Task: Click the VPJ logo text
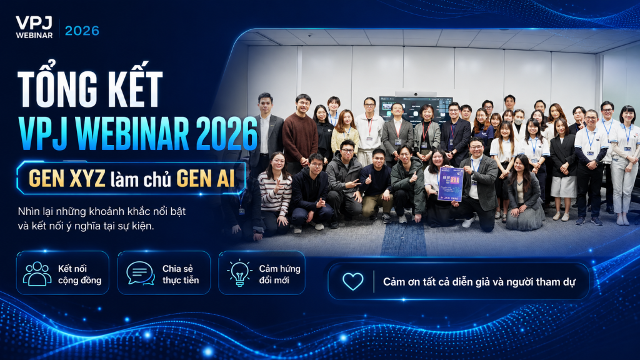tap(34, 23)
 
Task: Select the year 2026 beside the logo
tap(82, 31)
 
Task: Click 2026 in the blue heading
tap(227, 134)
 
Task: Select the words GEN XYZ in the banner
tap(67, 178)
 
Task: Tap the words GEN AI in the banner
tap(205, 178)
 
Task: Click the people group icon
tap(37, 274)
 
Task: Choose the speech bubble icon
tap(141, 273)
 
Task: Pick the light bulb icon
tap(239, 272)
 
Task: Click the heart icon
tap(352, 281)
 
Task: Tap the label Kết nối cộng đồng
tap(79, 274)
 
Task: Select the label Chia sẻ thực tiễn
tap(181, 274)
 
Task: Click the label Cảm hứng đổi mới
tap(279, 274)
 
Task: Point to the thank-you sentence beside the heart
tap(479, 282)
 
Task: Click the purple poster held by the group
tap(449, 184)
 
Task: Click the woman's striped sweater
tap(275, 194)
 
